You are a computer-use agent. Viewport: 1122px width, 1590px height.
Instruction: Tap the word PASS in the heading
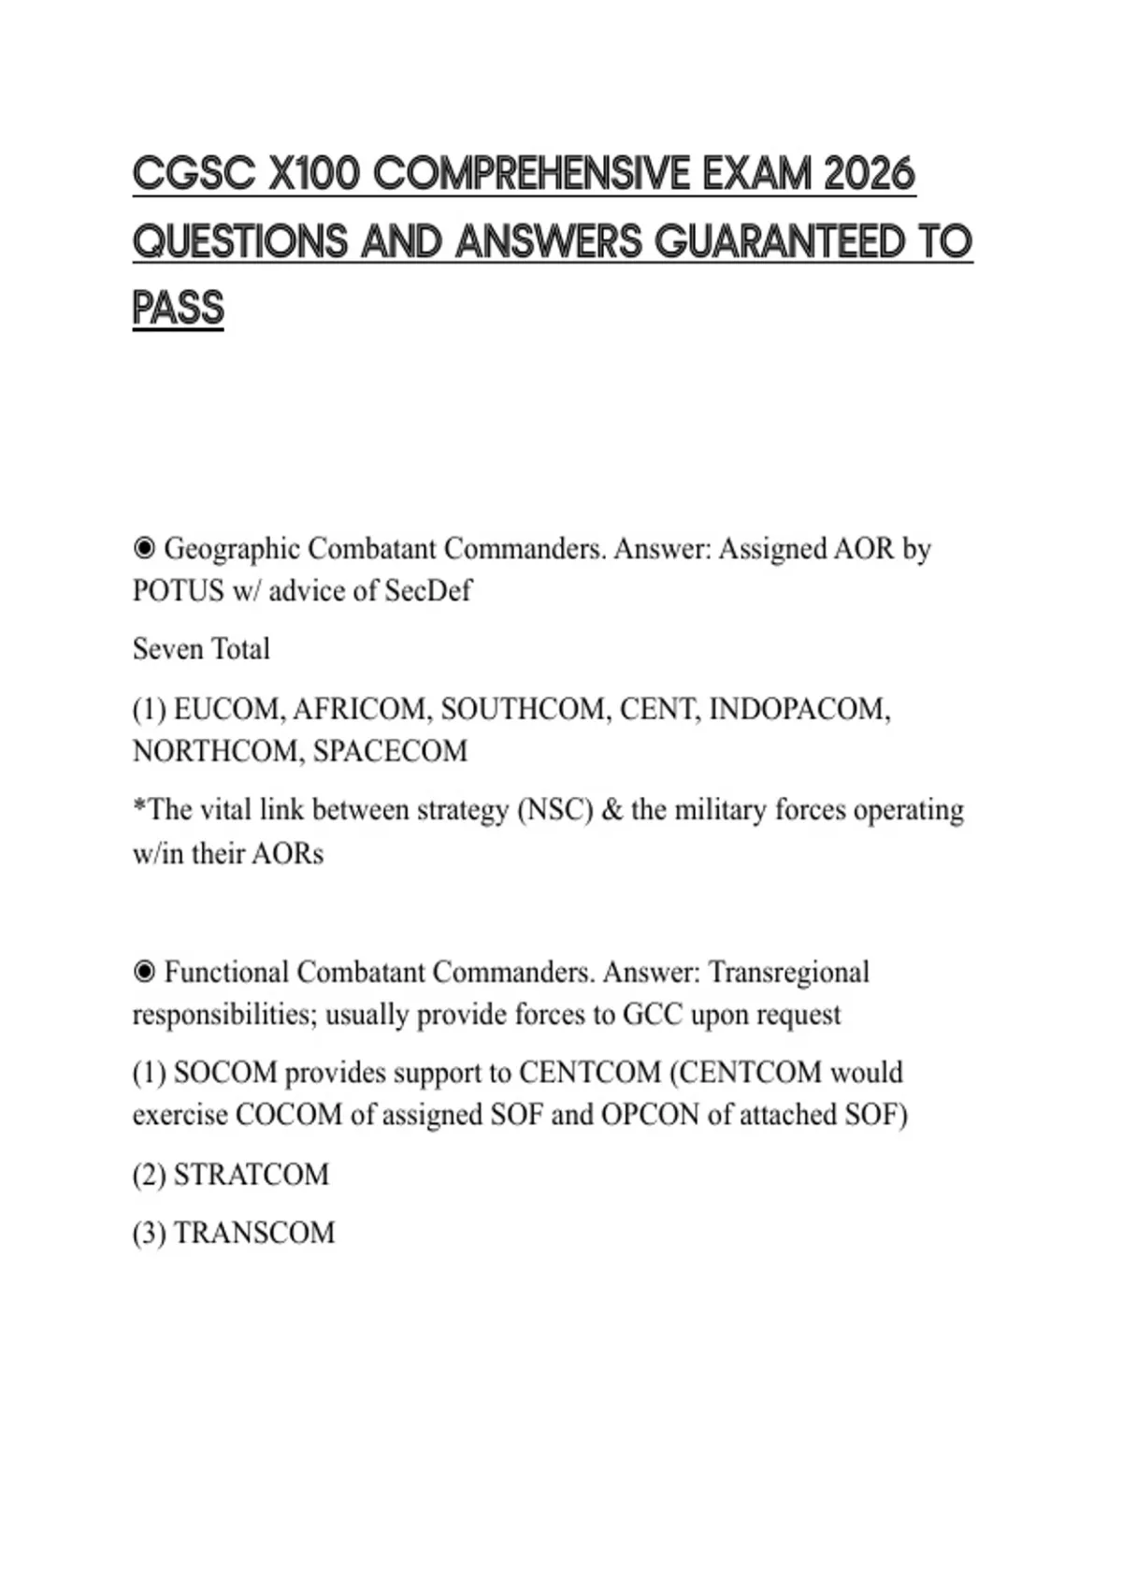pyautogui.click(x=178, y=308)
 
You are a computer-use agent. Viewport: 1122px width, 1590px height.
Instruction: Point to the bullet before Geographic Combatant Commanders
pyautogui.click(x=144, y=548)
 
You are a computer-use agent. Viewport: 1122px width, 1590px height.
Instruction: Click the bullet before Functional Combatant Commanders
pyautogui.click(x=144, y=972)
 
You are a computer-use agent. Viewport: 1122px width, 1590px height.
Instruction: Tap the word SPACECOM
pyautogui.click(x=390, y=751)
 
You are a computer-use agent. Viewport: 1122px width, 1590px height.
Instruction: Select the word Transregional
pyautogui.click(x=788, y=972)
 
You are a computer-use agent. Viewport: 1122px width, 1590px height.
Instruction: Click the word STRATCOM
pyautogui.click(x=252, y=1175)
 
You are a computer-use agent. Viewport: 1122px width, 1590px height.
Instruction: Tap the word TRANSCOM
pyautogui.click(x=254, y=1233)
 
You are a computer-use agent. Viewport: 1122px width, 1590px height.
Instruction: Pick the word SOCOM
pyautogui.click(x=225, y=1072)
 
